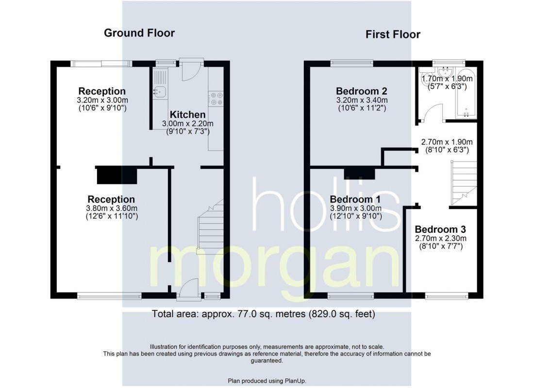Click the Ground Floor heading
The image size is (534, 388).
click(139, 33)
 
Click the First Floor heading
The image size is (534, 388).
click(393, 34)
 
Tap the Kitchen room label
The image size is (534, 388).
click(188, 114)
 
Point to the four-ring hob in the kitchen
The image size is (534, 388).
click(216, 98)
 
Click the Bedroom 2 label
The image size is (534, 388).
click(362, 91)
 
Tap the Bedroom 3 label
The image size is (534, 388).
click(440, 229)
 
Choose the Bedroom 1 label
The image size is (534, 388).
click(355, 199)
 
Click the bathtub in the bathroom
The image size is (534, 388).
click(466, 93)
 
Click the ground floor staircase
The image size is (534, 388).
click(211, 226)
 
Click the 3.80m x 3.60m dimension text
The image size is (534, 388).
click(112, 208)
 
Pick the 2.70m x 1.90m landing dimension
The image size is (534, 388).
click(447, 142)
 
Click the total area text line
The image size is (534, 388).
click(263, 313)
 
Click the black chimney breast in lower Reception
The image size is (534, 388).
click(117, 177)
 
